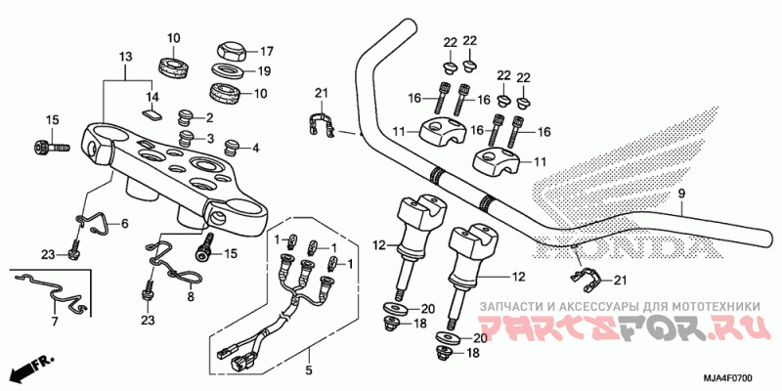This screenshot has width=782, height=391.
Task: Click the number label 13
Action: pyautogui.click(x=125, y=58)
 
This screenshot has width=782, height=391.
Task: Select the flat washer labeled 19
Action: pyautogui.click(x=229, y=71)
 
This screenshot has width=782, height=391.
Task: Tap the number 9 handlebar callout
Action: pyautogui.click(x=681, y=195)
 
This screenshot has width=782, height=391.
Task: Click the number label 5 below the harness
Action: pyautogui.click(x=308, y=370)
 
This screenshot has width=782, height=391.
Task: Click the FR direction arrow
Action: pyautogui.click(x=29, y=370)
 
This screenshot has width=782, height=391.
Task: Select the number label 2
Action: pyautogui.click(x=209, y=117)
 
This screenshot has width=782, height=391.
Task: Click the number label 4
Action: pyautogui.click(x=256, y=149)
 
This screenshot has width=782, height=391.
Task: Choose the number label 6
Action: pyautogui.click(x=124, y=224)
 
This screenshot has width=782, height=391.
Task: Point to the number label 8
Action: pyautogui.click(x=192, y=295)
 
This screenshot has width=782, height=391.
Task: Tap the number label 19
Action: pyautogui.click(x=264, y=71)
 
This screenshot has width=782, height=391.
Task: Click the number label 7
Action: pyautogui.click(x=54, y=321)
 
